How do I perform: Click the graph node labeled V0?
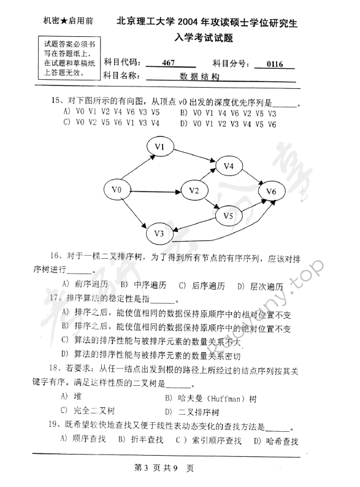[x=117, y=191]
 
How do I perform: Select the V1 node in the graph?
[x=161, y=147]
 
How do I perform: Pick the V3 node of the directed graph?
[x=159, y=232]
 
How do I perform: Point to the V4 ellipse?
[x=229, y=166]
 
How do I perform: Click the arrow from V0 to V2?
[x=156, y=191]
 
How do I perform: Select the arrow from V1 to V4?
[x=194, y=156]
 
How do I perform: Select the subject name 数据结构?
[x=199, y=77]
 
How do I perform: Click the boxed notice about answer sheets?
[x=66, y=58]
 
